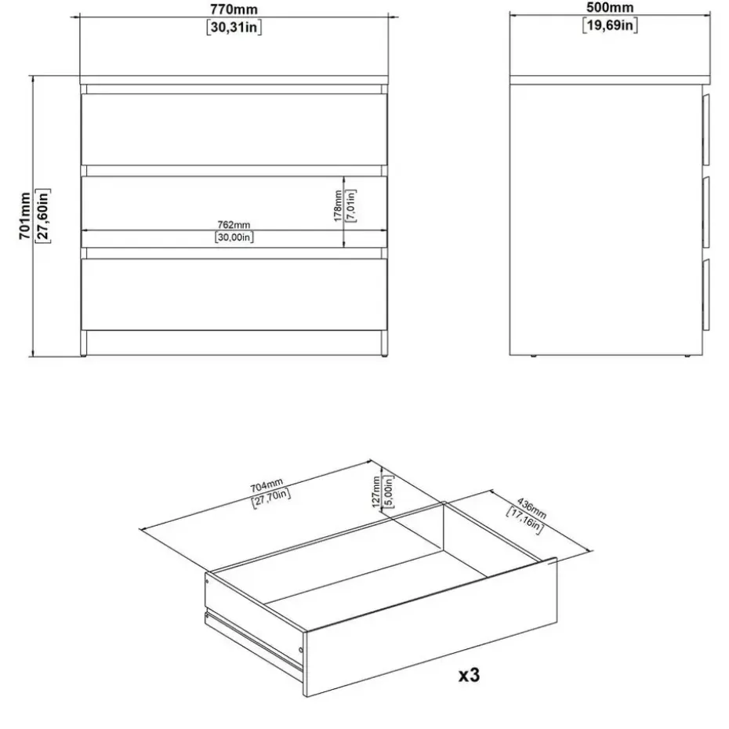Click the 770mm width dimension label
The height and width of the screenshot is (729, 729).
234,9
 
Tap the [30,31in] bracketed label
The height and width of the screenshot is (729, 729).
234,27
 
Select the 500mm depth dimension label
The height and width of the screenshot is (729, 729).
610,7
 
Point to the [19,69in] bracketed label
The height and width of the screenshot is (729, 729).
610,25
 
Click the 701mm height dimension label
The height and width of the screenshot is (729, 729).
24,216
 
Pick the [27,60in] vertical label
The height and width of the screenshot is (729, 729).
43,216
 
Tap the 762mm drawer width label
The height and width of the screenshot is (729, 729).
234,225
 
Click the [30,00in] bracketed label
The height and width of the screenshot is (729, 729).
234,237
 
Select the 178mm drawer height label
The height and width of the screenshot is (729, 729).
338,206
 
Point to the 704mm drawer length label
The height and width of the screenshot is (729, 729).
267,485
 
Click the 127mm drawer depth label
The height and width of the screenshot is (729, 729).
376,492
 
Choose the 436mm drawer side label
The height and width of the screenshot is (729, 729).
532,509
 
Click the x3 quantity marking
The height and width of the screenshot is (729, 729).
469,675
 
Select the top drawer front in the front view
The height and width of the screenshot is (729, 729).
234,129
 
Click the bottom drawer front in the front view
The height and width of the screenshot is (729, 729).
234,295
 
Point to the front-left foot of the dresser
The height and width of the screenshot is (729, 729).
84,343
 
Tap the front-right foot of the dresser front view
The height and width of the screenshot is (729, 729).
385,343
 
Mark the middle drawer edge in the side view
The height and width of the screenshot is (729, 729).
706,212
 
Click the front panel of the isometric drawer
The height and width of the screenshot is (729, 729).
430,627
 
